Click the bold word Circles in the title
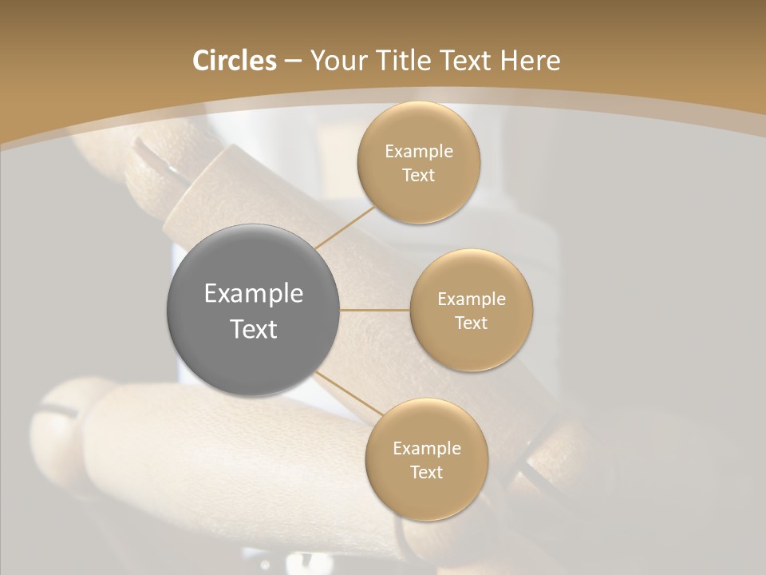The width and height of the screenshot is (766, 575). pos(235,61)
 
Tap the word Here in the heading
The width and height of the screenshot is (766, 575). pos(531,61)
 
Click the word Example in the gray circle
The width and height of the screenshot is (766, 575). pos(254,294)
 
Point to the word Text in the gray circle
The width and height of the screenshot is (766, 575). pos(254,329)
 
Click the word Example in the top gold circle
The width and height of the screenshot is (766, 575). pos(419,152)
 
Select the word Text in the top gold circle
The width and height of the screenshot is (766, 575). pos(419,176)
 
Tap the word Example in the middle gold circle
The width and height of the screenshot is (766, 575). pos(472,299)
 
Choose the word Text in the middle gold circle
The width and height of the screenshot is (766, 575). pos(472,323)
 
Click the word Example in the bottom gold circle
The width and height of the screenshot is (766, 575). pos(427,449)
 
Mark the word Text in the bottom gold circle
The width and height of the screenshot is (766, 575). pos(427,473)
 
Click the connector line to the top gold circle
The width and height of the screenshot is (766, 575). pos(344,227)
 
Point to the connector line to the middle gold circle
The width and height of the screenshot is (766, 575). pos(375,310)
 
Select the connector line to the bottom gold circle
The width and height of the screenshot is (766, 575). pos(349,393)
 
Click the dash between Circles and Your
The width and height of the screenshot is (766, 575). pos(292,61)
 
